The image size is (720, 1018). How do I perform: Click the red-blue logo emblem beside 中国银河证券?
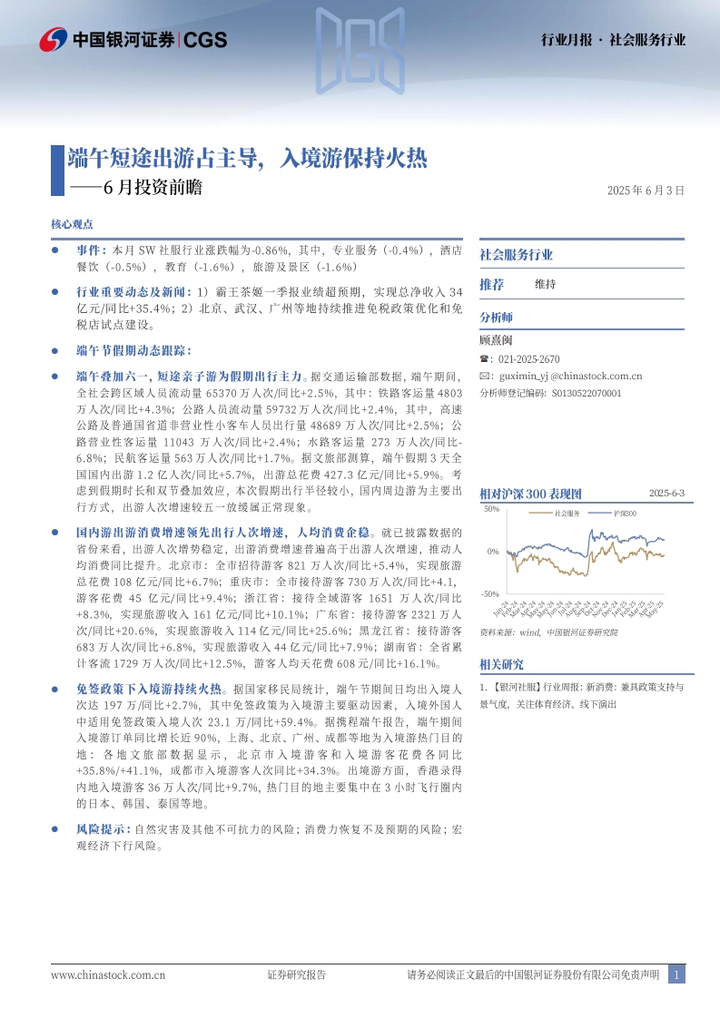point(53,39)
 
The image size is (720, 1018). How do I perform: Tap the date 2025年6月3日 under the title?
point(645,191)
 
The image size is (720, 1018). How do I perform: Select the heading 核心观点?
point(73,224)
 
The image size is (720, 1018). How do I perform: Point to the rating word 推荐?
point(491,284)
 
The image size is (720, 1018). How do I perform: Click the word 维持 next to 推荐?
point(545,284)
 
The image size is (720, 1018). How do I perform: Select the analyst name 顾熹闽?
point(497,341)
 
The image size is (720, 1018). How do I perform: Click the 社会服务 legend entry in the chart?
point(567,514)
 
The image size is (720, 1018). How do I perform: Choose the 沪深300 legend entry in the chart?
point(626,514)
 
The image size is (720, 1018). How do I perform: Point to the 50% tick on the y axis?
point(490,509)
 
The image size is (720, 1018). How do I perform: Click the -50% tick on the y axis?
point(489,593)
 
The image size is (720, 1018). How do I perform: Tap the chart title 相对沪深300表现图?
point(530,494)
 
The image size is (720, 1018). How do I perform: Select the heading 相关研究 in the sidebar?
point(502,664)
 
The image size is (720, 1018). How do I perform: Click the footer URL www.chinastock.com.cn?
point(108,975)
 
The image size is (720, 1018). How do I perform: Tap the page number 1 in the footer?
point(676,975)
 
